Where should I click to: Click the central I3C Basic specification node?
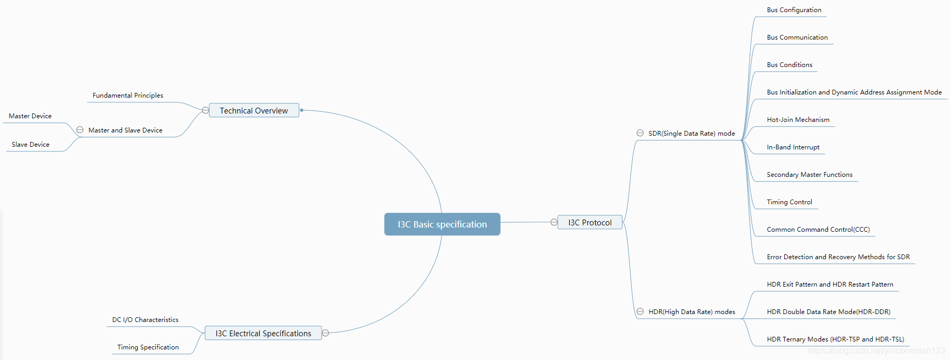coord(442,224)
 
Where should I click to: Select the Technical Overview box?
coord(254,110)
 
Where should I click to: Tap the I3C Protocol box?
coord(590,223)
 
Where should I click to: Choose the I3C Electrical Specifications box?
coord(263,333)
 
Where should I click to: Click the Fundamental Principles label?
coord(128,96)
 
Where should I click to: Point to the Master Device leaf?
coord(30,116)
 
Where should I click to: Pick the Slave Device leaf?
coord(31,145)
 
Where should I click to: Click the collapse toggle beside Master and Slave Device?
coord(80,130)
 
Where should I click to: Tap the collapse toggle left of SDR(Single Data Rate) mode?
coord(640,133)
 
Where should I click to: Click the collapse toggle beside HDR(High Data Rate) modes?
coord(640,311)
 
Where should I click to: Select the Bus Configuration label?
coord(794,10)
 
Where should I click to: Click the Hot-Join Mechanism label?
coord(798,120)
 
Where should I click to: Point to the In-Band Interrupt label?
coord(793,147)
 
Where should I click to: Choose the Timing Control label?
coord(789,202)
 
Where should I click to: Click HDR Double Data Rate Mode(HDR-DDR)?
coord(829,312)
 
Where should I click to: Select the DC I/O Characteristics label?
coord(145,320)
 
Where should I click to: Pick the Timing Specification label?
coord(148,347)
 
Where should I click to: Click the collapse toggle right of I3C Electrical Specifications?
coord(326,333)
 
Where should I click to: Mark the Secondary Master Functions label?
coord(810,175)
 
